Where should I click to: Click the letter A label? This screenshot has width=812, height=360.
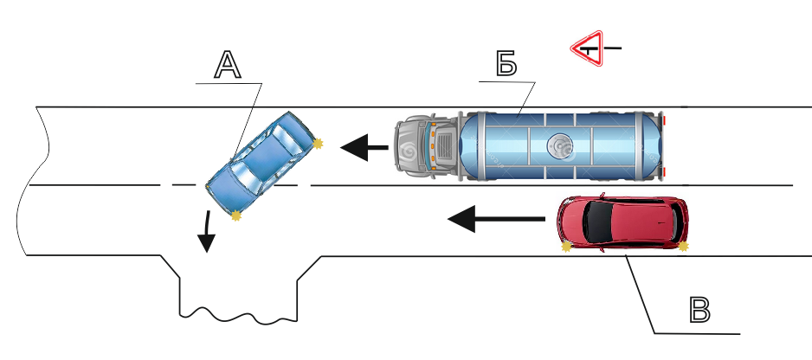227,66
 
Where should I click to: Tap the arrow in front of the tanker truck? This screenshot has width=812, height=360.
364,149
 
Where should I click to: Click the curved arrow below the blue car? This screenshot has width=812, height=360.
205,230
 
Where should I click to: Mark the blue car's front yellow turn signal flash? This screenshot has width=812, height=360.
236,215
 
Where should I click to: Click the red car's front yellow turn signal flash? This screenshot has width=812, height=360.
567,247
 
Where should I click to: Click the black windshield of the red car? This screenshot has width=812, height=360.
596,222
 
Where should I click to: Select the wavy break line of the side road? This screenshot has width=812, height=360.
237,312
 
